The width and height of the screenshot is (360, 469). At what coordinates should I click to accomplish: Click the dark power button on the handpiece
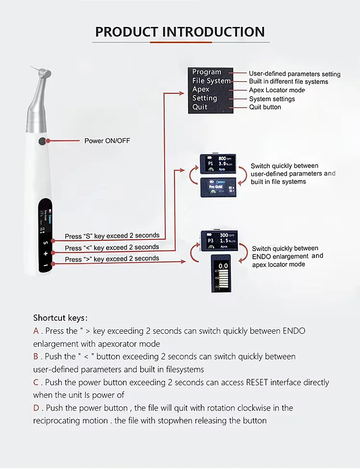point(44,141)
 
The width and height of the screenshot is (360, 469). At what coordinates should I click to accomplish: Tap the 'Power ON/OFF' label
point(107,141)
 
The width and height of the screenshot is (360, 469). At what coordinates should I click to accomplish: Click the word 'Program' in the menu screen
point(206,72)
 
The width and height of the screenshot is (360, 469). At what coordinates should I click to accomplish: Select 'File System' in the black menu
point(211,81)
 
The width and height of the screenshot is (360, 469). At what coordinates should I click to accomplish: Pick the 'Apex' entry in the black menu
point(201,89)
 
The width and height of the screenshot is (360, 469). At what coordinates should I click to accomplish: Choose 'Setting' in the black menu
point(204,98)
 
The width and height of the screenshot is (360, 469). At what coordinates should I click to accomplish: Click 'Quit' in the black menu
point(200,107)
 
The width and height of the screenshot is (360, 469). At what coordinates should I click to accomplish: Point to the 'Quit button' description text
point(265,107)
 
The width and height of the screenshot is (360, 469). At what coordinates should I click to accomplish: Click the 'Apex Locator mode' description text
point(277,90)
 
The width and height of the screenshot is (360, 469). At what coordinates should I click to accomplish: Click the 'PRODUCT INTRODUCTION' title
point(180,32)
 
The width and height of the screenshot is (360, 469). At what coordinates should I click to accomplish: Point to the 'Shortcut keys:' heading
point(60,318)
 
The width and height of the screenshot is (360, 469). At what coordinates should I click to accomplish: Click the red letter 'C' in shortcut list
point(36,383)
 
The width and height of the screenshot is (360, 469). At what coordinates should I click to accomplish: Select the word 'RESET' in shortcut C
point(257,383)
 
